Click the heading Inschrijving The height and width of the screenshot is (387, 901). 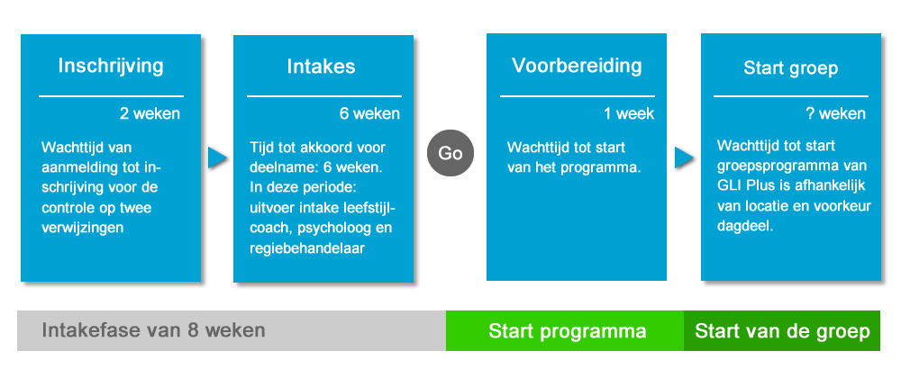(111, 66)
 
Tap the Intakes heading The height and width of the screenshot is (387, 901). (322, 66)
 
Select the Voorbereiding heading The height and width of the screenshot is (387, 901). (577, 66)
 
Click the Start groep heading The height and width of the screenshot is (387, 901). (791, 68)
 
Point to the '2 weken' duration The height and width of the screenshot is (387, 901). (150, 113)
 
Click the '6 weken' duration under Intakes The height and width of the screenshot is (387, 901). (369, 113)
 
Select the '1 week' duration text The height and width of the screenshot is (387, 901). (629, 113)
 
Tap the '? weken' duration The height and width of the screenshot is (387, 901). (835, 113)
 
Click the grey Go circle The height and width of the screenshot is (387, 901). (450, 153)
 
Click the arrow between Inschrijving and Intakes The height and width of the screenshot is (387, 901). (217, 157)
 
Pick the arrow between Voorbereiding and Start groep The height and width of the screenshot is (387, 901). (684, 157)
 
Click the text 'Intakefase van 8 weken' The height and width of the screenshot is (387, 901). (153, 330)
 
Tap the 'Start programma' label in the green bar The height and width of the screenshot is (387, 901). (567, 331)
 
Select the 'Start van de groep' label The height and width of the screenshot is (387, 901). (782, 331)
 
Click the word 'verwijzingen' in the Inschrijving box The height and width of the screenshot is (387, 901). (82, 228)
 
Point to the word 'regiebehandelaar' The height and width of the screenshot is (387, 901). (307, 248)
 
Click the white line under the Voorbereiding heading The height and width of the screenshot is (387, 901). (578, 96)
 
